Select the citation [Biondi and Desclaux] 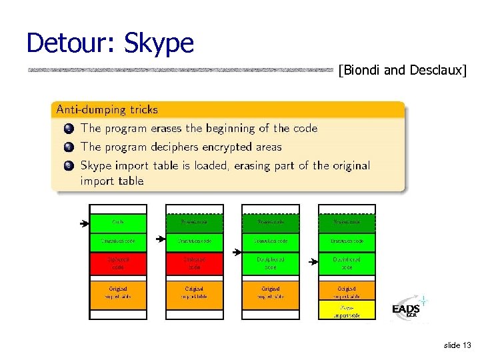(x=402, y=69)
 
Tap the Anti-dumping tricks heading (x=107, y=109)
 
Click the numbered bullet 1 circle (x=69, y=129)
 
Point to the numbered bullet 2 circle (x=69, y=147)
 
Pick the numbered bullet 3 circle (x=69, y=166)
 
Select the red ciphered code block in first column (x=118, y=263)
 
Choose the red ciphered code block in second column (x=194, y=263)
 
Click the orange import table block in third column (x=271, y=292)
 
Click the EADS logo (x=407, y=309)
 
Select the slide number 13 (x=457, y=345)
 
